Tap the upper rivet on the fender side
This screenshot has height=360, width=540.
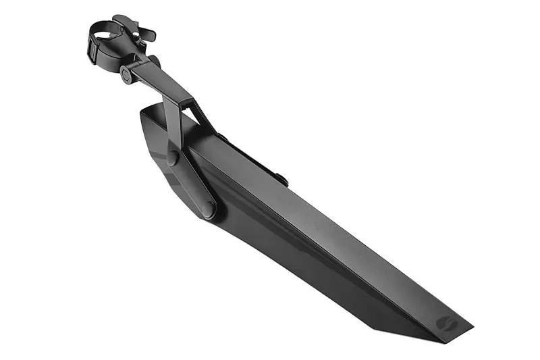[x=173, y=158]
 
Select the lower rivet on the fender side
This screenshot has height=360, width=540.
[x=209, y=209]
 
